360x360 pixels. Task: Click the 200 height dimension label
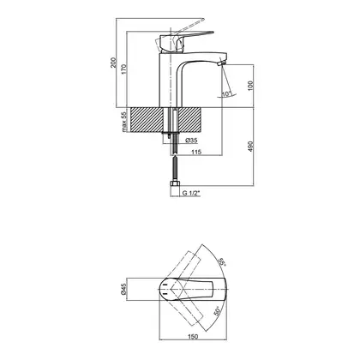click(x=113, y=63)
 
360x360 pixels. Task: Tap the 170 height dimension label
click(x=123, y=69)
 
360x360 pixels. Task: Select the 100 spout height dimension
click(x=250, y=86)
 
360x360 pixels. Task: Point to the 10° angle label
click(x=226, y=93)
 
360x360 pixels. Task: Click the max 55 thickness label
click(x=123, y=122)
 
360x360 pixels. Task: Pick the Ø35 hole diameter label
click(x=191, y=141)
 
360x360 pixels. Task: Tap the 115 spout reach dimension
click(x=196, y=152)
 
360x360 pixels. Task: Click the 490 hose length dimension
click(x=250, y=147)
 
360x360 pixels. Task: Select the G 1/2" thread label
click(x=191, y=193)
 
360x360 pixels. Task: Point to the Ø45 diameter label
click(x=123, y=289)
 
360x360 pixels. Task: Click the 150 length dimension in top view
click(x=193, y=337)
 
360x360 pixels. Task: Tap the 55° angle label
click(x=222, y=261)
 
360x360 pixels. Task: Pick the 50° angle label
click(x=218, y=311)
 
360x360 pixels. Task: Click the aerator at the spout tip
click(x=222, y=63)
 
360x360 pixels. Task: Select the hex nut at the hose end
click(x=175, y=183)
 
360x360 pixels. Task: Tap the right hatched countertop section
click(x=191, y=120)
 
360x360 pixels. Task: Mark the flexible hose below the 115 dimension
click(x=175, y=167)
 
